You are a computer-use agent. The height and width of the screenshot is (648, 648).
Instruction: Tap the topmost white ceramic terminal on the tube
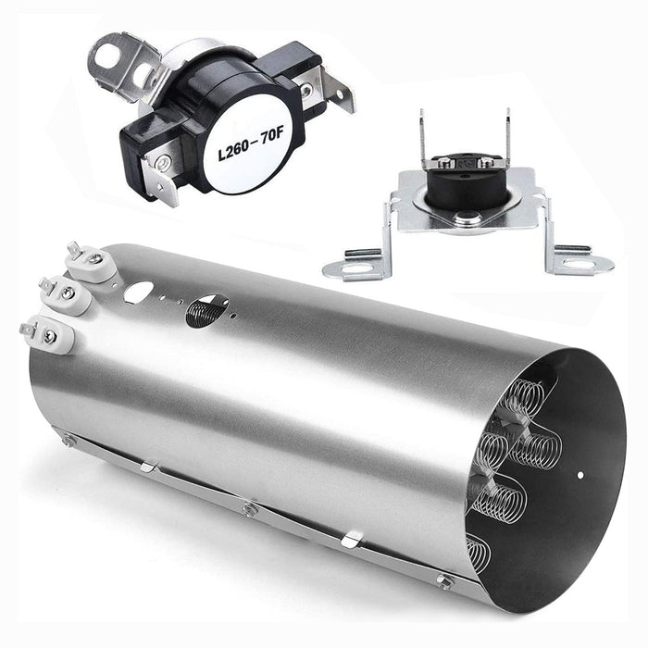pyautogui.click(x=90, y=266)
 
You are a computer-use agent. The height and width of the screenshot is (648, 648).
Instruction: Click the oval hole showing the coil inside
pyautogui.click(x=207, y=311)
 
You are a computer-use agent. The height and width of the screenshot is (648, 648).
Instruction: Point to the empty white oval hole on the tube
pyautogui.click(x=139, y=292)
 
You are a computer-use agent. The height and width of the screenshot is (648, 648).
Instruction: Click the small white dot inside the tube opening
pyautogui.click(x=580, y=475)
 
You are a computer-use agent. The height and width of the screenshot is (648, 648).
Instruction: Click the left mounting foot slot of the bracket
pyautogui.click(x=356, y=269)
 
